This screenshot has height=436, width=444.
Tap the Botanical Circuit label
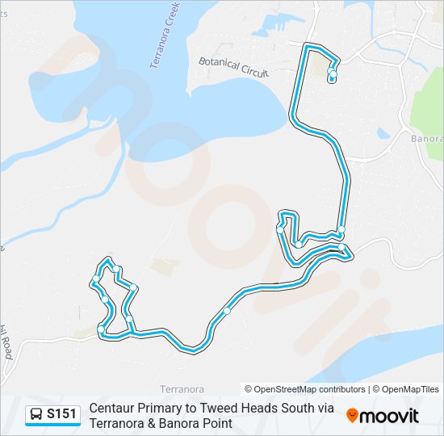(x=233, y=66)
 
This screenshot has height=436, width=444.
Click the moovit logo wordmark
(x=389, y=416)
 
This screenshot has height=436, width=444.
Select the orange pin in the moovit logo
(x=352, y=416)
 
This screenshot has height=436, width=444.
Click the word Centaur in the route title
(x=112, y=409)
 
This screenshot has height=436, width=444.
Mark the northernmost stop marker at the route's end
(x=333, y=74)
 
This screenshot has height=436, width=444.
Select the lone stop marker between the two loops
(x=228, y=311)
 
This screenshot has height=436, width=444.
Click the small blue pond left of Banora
(x=383, y=133)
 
